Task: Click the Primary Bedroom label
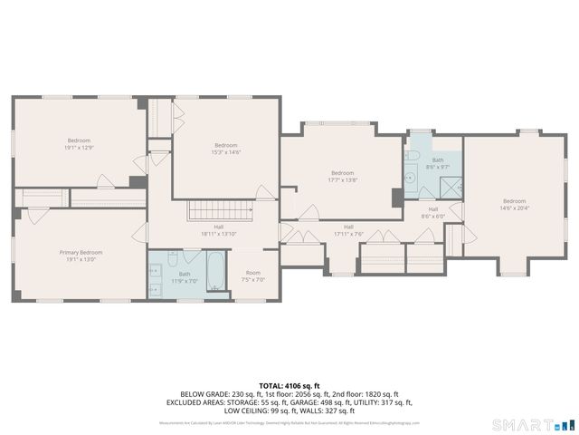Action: click(81, 252)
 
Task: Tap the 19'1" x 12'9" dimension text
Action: click(80, 148)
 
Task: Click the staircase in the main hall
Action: click(217, 211)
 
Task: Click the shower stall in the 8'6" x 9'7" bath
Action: click(449, 187)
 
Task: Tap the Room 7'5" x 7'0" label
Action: click(254, 275)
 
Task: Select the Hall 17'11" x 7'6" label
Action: click(348, 230)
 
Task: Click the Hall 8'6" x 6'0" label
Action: click(433, 212)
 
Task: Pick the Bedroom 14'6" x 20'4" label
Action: click(514, 204)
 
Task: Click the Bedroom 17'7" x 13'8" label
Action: click(342, 176)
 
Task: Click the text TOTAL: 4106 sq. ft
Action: click(289, 385)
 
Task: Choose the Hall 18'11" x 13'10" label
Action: click(219, 230)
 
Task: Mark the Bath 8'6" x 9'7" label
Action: click(438, 163)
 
